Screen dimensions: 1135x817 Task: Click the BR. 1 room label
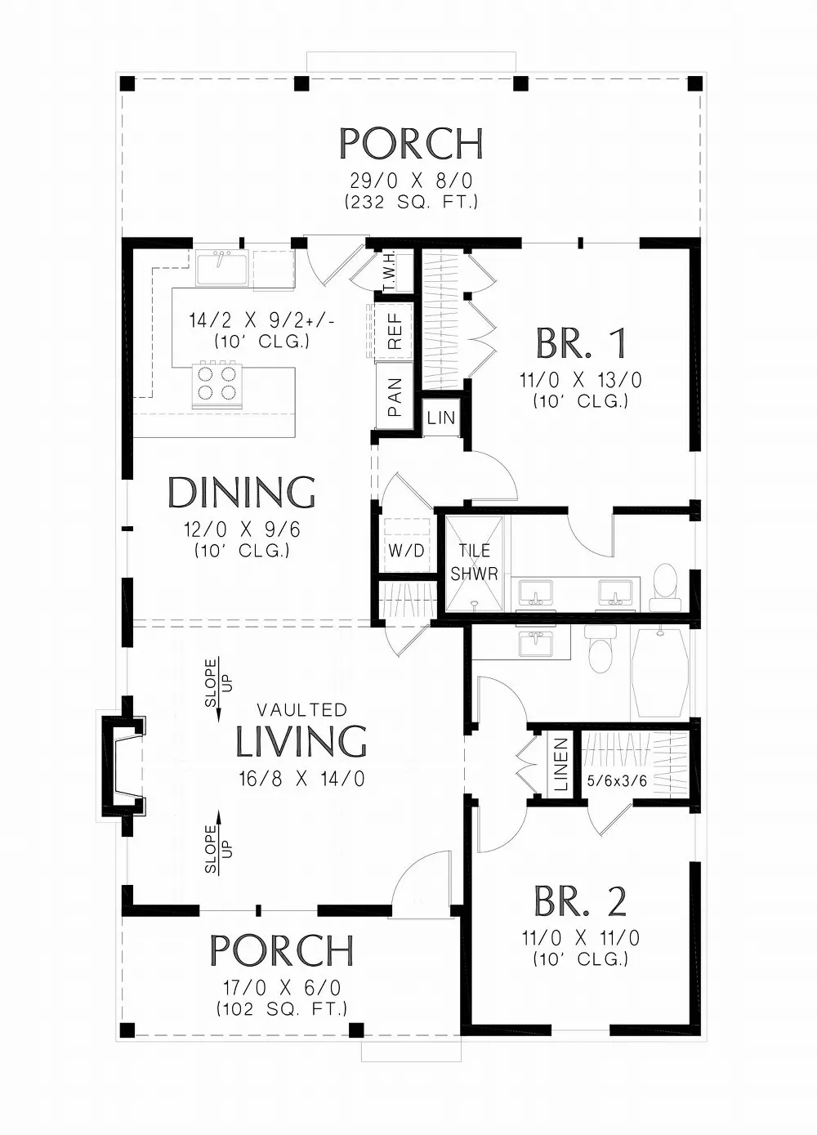pyautogui.click(x=581, y=344)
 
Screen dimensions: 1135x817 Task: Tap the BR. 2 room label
pyautogui.click(x=580, y=901)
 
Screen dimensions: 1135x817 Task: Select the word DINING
pyautogui.click(x=242, y=493)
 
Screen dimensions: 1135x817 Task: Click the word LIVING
pyautogui.click(x=301, y=741)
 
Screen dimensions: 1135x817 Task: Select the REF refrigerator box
pyautogui.click(x=395, y=330)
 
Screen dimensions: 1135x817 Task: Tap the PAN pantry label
pyautogui.click(x=395, y=398)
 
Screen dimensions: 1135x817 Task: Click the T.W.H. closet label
pyautogui.click(x=390, y=270)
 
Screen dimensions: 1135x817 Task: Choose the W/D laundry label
pyautogui.click(x=406, y=550)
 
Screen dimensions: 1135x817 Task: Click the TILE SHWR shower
pyautogui.click(x=474, y=563)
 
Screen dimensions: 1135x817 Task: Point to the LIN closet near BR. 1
pyautogui.click(x=441, y=418)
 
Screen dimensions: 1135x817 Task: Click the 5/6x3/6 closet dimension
pyautogui.click(x=618, y=781)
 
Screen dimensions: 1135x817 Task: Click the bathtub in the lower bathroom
pyautogui.click(x=660, y=672)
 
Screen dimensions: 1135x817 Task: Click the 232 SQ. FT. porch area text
pyautogui.click(x=411, y=201)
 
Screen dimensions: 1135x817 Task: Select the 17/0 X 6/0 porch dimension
pyautogui.click(x=282, y=988)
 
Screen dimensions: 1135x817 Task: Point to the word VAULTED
pyautogui.click(x=301, y=710)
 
